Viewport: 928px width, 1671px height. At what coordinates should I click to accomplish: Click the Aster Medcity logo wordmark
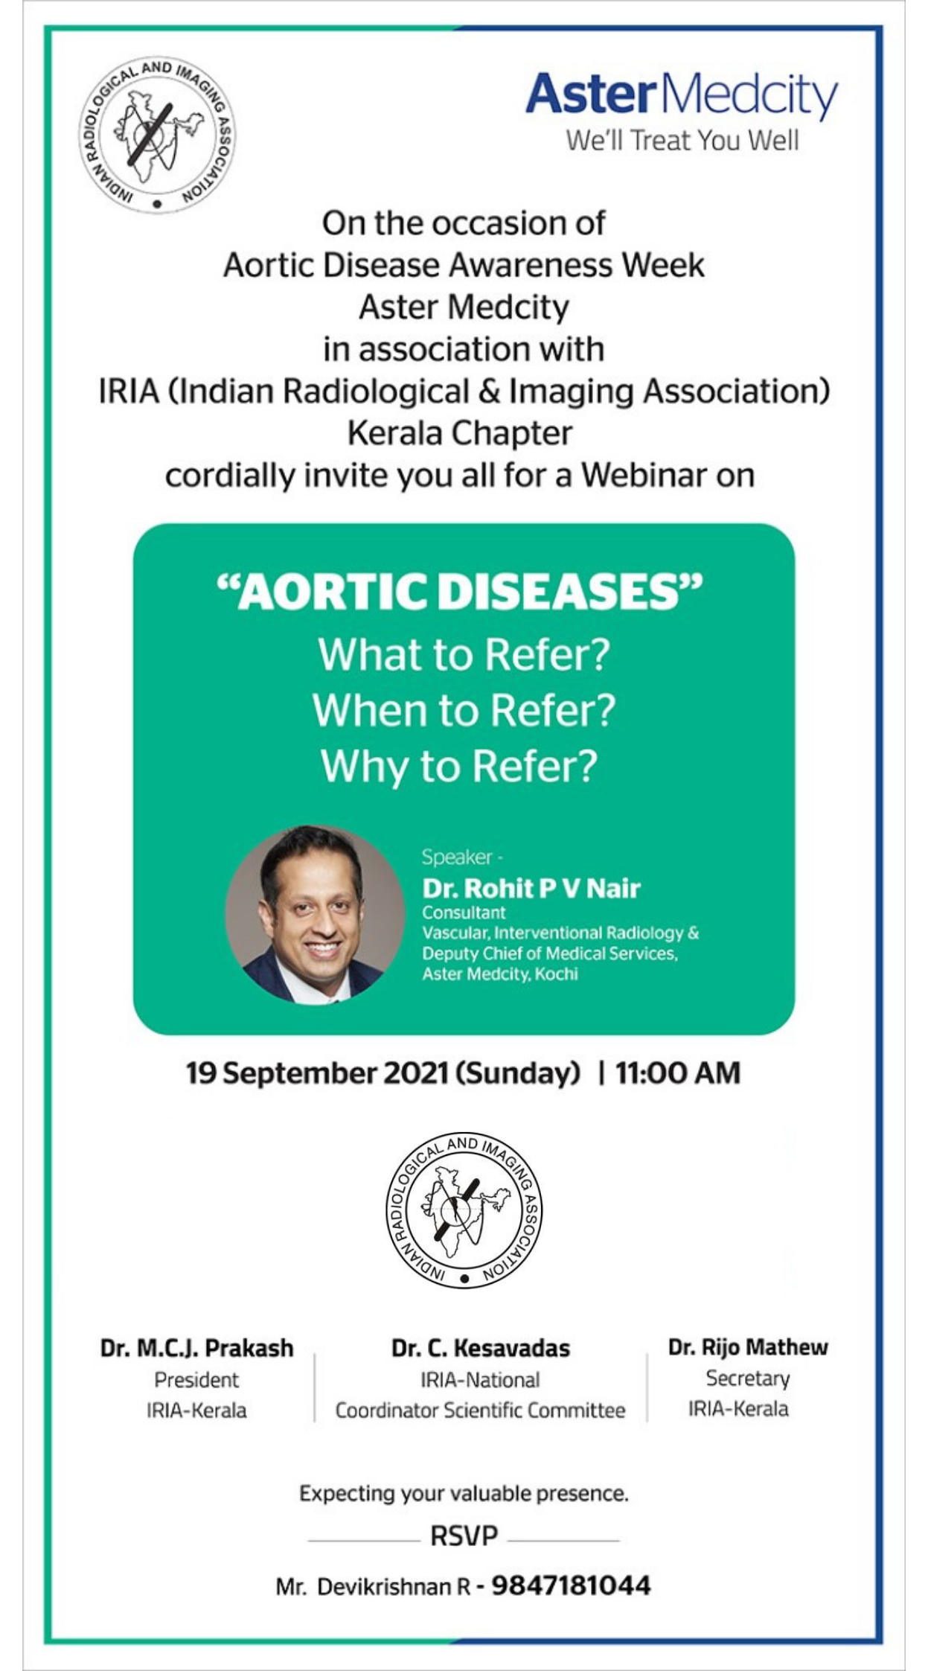click(x=682, y=95)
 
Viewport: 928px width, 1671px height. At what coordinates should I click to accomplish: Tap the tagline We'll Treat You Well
click(x=682, y=140)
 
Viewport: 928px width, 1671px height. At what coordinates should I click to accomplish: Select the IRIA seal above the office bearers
click(x=464, y=1210)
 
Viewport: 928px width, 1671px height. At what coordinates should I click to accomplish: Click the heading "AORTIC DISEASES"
click(x=460, y=592)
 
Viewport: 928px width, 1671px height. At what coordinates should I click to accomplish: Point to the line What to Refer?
click(x=464, y=655)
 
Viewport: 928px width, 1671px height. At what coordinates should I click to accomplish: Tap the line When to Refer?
click(x=464, y=710)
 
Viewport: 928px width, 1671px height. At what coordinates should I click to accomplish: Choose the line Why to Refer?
click(x=459, y=767)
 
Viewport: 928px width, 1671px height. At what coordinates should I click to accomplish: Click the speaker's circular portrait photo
click(x=315, y=915)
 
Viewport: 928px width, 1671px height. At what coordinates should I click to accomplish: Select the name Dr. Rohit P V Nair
click(x=531, y=888)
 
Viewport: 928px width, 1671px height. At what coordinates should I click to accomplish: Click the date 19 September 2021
click(x=317, y=1073)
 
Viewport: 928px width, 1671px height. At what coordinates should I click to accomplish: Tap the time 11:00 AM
click(x=678, y=1073)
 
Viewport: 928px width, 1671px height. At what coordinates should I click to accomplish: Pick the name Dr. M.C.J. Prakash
click(x=197, y=1348)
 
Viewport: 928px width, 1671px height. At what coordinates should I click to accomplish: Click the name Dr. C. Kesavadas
click(x=481, y=1348)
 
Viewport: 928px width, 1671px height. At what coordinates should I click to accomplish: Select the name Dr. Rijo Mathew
click(x=748, y=1346)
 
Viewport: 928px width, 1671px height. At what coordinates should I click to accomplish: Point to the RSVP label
click(x=464, y=1535)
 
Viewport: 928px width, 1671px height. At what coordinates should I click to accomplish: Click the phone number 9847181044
click(x=572, y=1585)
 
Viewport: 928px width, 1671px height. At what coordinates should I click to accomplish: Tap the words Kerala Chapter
click(x=460, y=433)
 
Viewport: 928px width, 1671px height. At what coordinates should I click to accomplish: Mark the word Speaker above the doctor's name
click(x=457, y=857)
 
